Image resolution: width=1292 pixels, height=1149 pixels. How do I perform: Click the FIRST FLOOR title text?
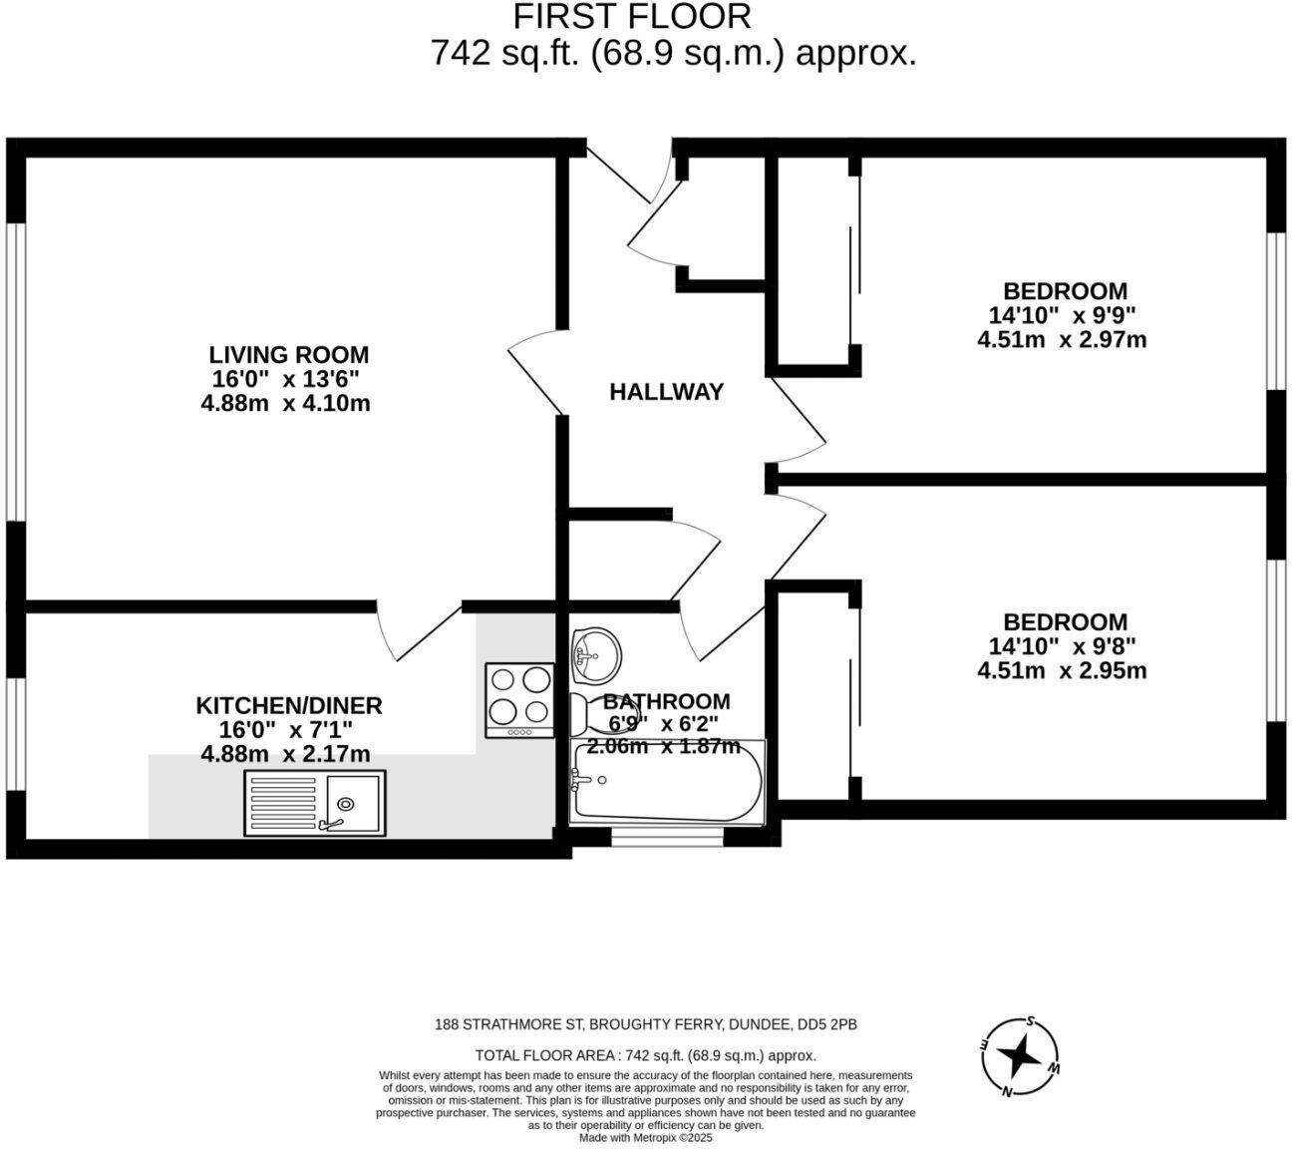pyautogui.click(x=631, y=17)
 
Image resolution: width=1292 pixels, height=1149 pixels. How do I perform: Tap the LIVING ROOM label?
pyautogui.click(x=288, y=355)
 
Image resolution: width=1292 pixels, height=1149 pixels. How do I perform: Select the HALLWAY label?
pyautogui.click(x=666, y=392)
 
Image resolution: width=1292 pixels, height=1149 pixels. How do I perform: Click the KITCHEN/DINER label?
pyautogui.click(x=288, y=706)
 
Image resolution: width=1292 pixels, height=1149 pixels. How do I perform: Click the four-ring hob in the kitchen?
pyautogui.click(x=519, y=700)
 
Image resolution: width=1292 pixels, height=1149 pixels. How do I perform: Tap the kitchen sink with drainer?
pyautogui.click(x=314, y=803)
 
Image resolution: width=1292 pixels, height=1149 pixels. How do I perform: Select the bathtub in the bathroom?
pyautogui.click(x=666, y=782)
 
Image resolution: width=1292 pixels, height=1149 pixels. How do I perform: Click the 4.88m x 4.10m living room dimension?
pyautogui.click(x=285, y=404)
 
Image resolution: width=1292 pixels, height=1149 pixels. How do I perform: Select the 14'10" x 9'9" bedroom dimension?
pyautogui.click(x=1062, y=315)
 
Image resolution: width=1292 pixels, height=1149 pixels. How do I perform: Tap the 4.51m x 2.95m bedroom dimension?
pyautogui.click(x=1062, y=670)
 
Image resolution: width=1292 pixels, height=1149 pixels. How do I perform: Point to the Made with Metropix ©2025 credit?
pyautogui.click(x=646, y=1138)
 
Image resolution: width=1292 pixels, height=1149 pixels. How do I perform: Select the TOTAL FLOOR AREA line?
pyautogui.click(x=646, y=1055)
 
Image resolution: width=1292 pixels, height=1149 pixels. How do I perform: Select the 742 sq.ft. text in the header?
pyautogui.click(x=505, y=52)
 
